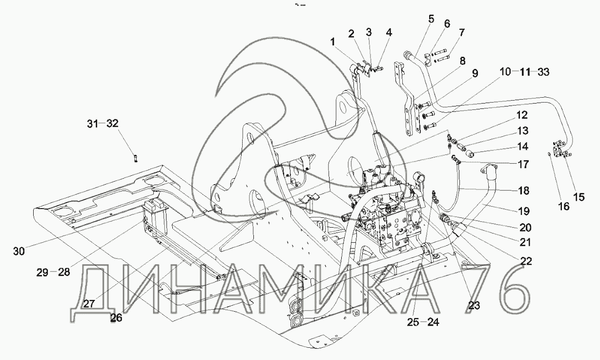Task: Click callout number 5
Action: (431, 19)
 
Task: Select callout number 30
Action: (19, 252)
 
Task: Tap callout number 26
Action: (116, 318)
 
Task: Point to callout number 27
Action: (89, 304)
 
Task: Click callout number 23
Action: (474, 305)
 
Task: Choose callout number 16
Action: (564, 207)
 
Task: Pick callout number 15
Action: (579, 197)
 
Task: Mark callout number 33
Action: (543, 72)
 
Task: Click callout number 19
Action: (524, 211)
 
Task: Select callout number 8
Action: (463, 61)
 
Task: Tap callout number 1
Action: (332, 42)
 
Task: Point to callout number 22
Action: (526, 261)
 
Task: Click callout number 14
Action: (522, 147)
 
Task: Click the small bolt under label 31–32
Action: (136, 158)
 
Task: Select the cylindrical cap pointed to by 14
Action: (469, 154)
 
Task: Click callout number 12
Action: (522, 115)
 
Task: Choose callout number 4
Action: (389, 33)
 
